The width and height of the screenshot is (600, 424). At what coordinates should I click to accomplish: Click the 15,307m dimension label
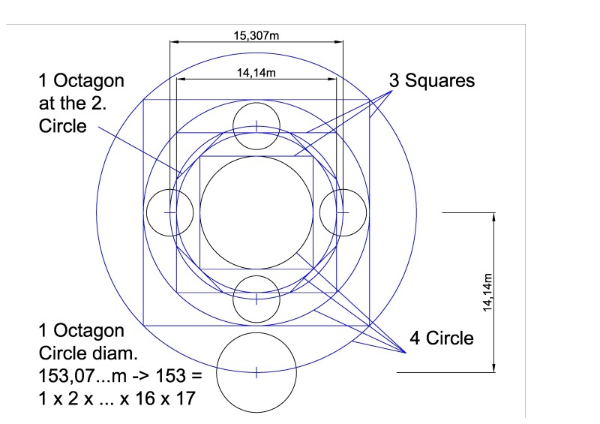256,35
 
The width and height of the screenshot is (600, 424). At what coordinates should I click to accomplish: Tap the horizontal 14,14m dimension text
256,72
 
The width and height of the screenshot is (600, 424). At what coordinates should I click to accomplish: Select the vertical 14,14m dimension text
487,292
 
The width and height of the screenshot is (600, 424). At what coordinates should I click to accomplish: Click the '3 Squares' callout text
432,80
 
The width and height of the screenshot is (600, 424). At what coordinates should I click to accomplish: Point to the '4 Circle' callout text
442,338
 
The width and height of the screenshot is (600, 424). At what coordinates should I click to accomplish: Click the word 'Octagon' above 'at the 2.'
88,81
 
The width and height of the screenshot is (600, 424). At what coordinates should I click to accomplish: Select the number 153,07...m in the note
82,376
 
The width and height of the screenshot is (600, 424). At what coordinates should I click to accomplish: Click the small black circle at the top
256,103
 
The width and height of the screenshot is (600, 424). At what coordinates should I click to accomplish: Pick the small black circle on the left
146,212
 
